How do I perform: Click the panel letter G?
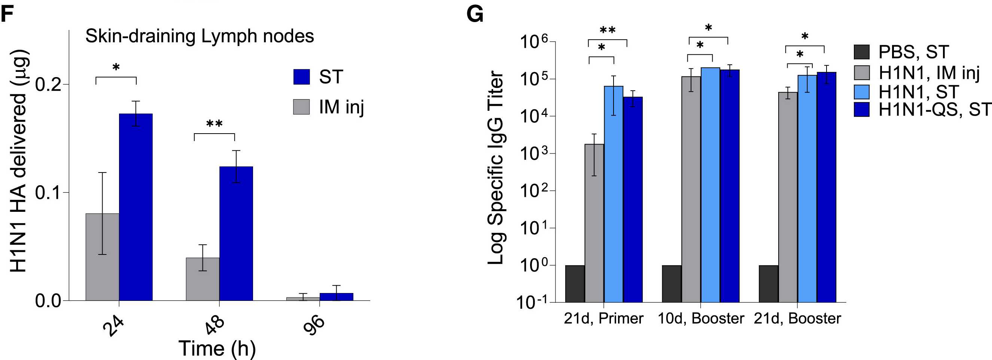coord(474,15)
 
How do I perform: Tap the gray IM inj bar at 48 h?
coord(203,279)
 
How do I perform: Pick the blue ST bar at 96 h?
coord(336,296)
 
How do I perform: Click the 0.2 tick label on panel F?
coord(49,84)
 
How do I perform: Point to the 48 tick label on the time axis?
coord(214,325)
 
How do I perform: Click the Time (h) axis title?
coord(217,348)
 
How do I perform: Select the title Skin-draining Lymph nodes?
coord(200,36)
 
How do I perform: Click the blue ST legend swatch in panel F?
coord(301,77)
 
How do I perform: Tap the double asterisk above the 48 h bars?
coord(214,124)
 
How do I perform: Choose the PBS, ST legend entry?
coord(901,52)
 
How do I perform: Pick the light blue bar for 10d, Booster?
coord(710,185)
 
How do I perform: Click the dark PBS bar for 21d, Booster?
coord(768,284)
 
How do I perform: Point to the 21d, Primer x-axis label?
coord(603,319)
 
